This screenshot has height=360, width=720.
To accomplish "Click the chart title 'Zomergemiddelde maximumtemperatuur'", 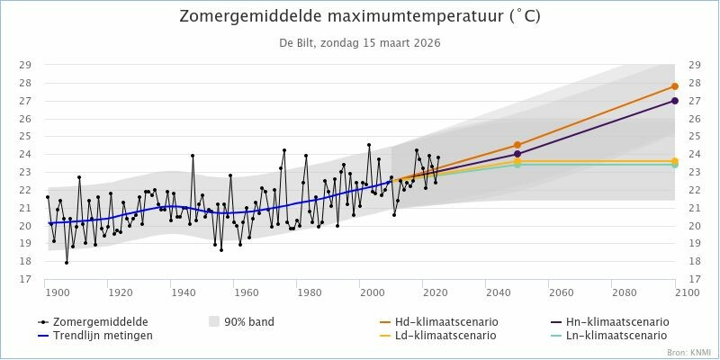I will tap(360, 17).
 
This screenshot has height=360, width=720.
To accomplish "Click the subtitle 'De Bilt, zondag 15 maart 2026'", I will tap(360, 42).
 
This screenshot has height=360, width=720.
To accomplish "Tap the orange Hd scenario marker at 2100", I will tap(675, 86).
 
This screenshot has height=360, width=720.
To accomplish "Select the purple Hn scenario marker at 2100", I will tap(675, 101).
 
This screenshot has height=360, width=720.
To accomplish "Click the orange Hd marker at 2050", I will tap(517, 145).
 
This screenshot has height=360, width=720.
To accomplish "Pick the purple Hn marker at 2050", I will tap(517, 154).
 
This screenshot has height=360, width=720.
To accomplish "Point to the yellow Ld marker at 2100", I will tap(675, 161).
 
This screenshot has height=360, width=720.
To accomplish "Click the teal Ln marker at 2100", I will tap(675, 165).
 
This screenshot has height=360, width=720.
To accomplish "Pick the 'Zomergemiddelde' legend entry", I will tap(99, 321).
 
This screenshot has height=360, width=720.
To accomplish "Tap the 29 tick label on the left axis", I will tap(26, 65).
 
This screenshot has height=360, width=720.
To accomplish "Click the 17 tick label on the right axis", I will tap(694, 279).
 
